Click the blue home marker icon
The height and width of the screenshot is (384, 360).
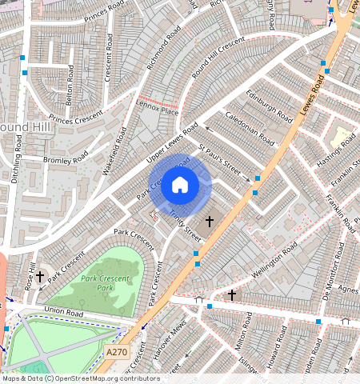tap(180, 186)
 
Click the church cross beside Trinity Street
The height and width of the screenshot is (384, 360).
tap(210, 220)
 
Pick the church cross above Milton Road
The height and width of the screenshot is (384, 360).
tap(232, 295)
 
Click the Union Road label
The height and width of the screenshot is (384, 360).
tap(63, 310)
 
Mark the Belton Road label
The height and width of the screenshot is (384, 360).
tap(70, 85)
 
